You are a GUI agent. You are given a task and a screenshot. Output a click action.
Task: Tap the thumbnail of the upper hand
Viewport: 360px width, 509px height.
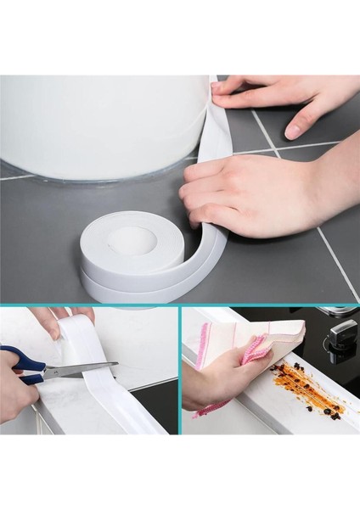(x=293, y=130)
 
